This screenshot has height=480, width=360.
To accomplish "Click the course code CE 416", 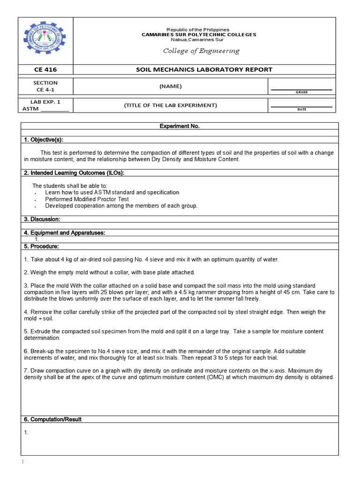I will point(45,70).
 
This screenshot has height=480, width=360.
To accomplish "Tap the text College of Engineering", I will point(201,51).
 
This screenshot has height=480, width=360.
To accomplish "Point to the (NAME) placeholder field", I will point(170,86).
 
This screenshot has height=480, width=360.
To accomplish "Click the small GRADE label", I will point(301,92).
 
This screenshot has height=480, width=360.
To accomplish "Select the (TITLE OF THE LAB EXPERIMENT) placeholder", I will point(170,105).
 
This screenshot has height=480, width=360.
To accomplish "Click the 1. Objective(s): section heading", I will point(43,140).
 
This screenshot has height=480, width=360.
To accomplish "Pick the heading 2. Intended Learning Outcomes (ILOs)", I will point(74,173).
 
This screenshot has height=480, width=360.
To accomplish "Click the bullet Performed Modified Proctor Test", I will point(87,199).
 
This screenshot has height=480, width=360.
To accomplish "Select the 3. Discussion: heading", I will point(42,219).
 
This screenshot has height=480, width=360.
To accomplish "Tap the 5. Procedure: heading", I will point(41,246).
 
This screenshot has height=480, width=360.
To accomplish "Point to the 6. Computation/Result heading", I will point(52,420).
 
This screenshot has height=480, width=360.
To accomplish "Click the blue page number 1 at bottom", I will point(22,462).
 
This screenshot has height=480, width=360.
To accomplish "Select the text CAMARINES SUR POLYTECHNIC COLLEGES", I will point(199,35).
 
